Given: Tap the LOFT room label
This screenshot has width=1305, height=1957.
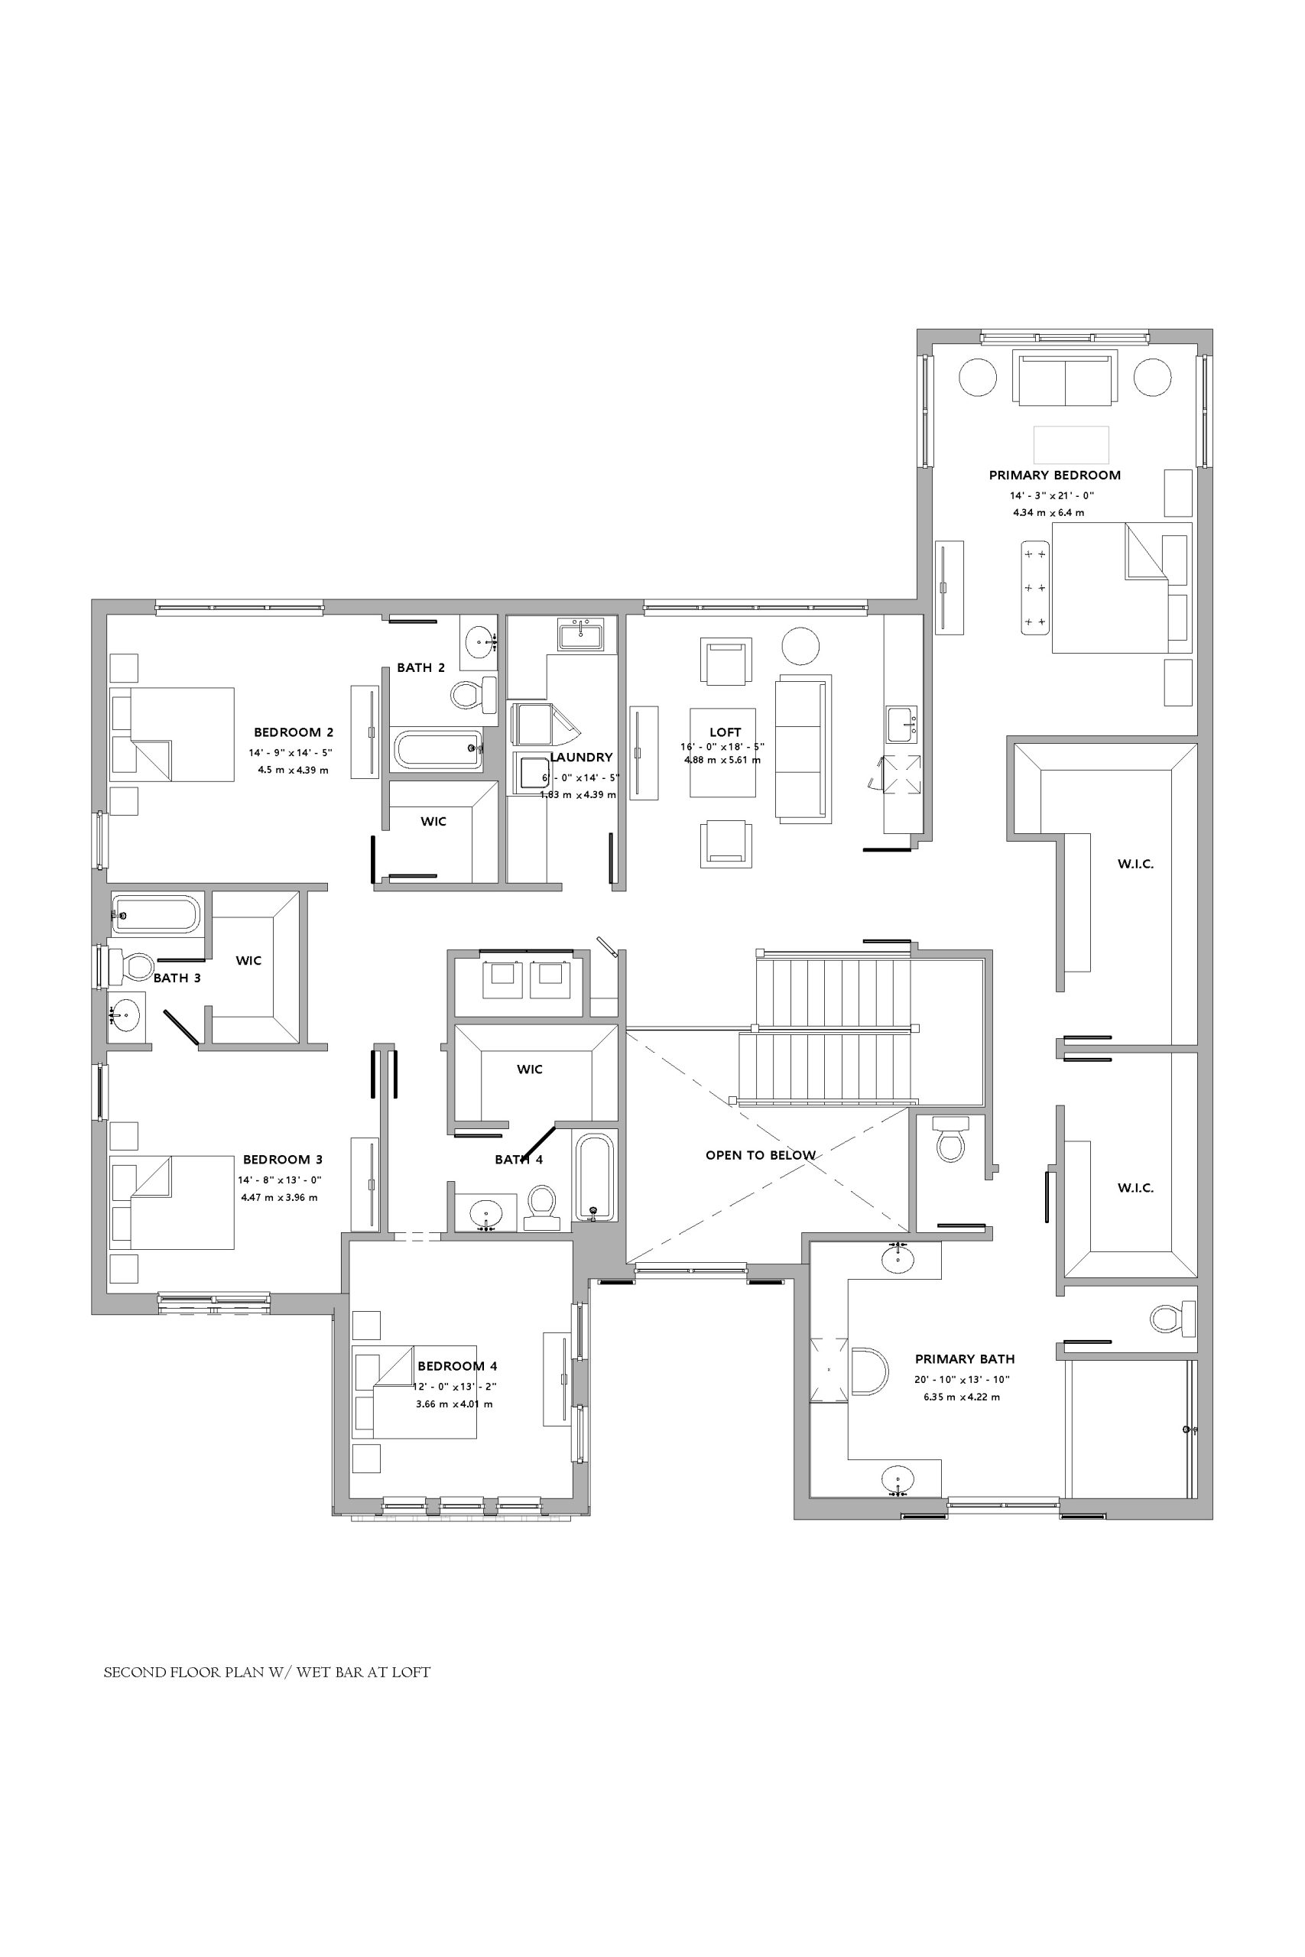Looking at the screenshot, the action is [725, 732].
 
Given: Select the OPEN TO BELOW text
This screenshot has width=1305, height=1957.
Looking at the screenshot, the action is [760, 1155].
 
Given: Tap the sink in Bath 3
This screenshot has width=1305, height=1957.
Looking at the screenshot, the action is [125, 1014].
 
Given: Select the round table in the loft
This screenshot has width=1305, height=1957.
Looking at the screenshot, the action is [800, 645].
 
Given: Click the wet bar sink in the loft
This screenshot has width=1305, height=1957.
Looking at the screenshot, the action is [901, 724].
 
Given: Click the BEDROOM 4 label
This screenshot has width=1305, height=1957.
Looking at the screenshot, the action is [457, 1366].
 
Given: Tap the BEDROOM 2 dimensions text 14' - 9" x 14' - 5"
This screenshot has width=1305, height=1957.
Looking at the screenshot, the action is [291, 752].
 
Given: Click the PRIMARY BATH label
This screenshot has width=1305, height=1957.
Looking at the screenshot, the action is [965, 1358].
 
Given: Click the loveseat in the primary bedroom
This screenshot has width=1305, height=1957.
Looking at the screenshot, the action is [1063, 378].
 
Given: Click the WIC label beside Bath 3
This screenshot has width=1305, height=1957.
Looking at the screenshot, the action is [248, 960].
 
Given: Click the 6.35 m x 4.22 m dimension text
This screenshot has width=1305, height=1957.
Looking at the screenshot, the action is [961, 1397].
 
